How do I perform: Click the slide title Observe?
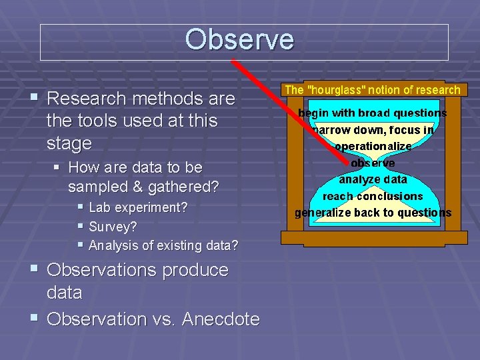click(x=239, y=40)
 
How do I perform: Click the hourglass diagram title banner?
click(x=372, y=89)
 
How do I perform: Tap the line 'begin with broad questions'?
click(x=372, y=113)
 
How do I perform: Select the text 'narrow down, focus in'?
click(x=373, y=130)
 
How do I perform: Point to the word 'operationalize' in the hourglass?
click(x=373, y=146)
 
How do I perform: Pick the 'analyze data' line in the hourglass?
click(x=373, y=179)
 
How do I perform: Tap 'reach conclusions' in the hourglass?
click(x=373, y=196)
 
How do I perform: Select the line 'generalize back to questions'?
click(x=373, y=213)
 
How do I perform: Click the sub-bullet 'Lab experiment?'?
click(x=138, y=207)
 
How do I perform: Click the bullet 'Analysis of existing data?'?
click(x=163, y=245)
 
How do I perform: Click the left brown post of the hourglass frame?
click(x=294, y=167)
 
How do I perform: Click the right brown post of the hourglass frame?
click(x=452, y=167)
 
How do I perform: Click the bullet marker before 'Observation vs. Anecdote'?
click(x=35, y=319)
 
